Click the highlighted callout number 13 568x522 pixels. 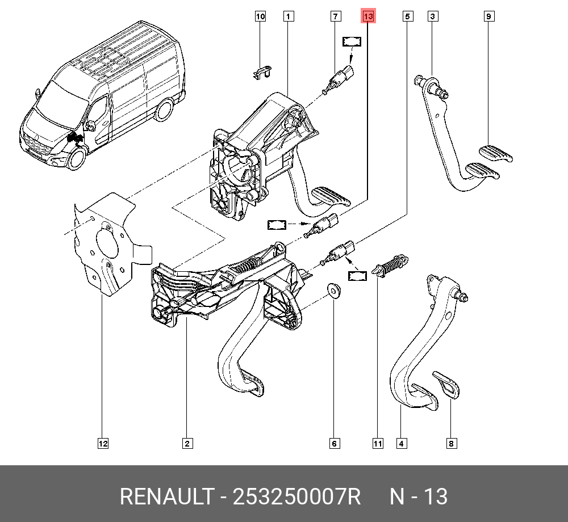368,17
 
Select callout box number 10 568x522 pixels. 260,16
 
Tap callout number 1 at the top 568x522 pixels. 289,16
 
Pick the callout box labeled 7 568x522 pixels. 336,16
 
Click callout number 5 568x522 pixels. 407,16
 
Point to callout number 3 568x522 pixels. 432,16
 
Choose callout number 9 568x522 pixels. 488,16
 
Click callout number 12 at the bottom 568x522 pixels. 102,444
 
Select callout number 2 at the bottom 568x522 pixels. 186,444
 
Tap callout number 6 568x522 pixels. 334,444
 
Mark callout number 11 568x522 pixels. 378,444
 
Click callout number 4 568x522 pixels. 401,444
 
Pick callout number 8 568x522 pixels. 451,444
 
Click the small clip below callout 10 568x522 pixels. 261,71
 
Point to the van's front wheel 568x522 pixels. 76,159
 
